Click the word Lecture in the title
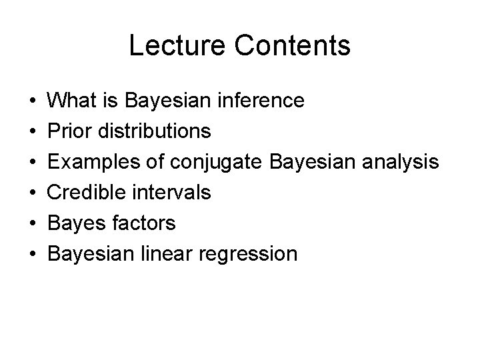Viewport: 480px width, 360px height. [170, 45]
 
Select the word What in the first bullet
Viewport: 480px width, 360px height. [71, 101]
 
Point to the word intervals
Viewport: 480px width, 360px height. [171, 193]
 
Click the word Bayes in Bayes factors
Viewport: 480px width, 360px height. [77, 223]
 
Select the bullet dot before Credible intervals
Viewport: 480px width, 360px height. [33, 193]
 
